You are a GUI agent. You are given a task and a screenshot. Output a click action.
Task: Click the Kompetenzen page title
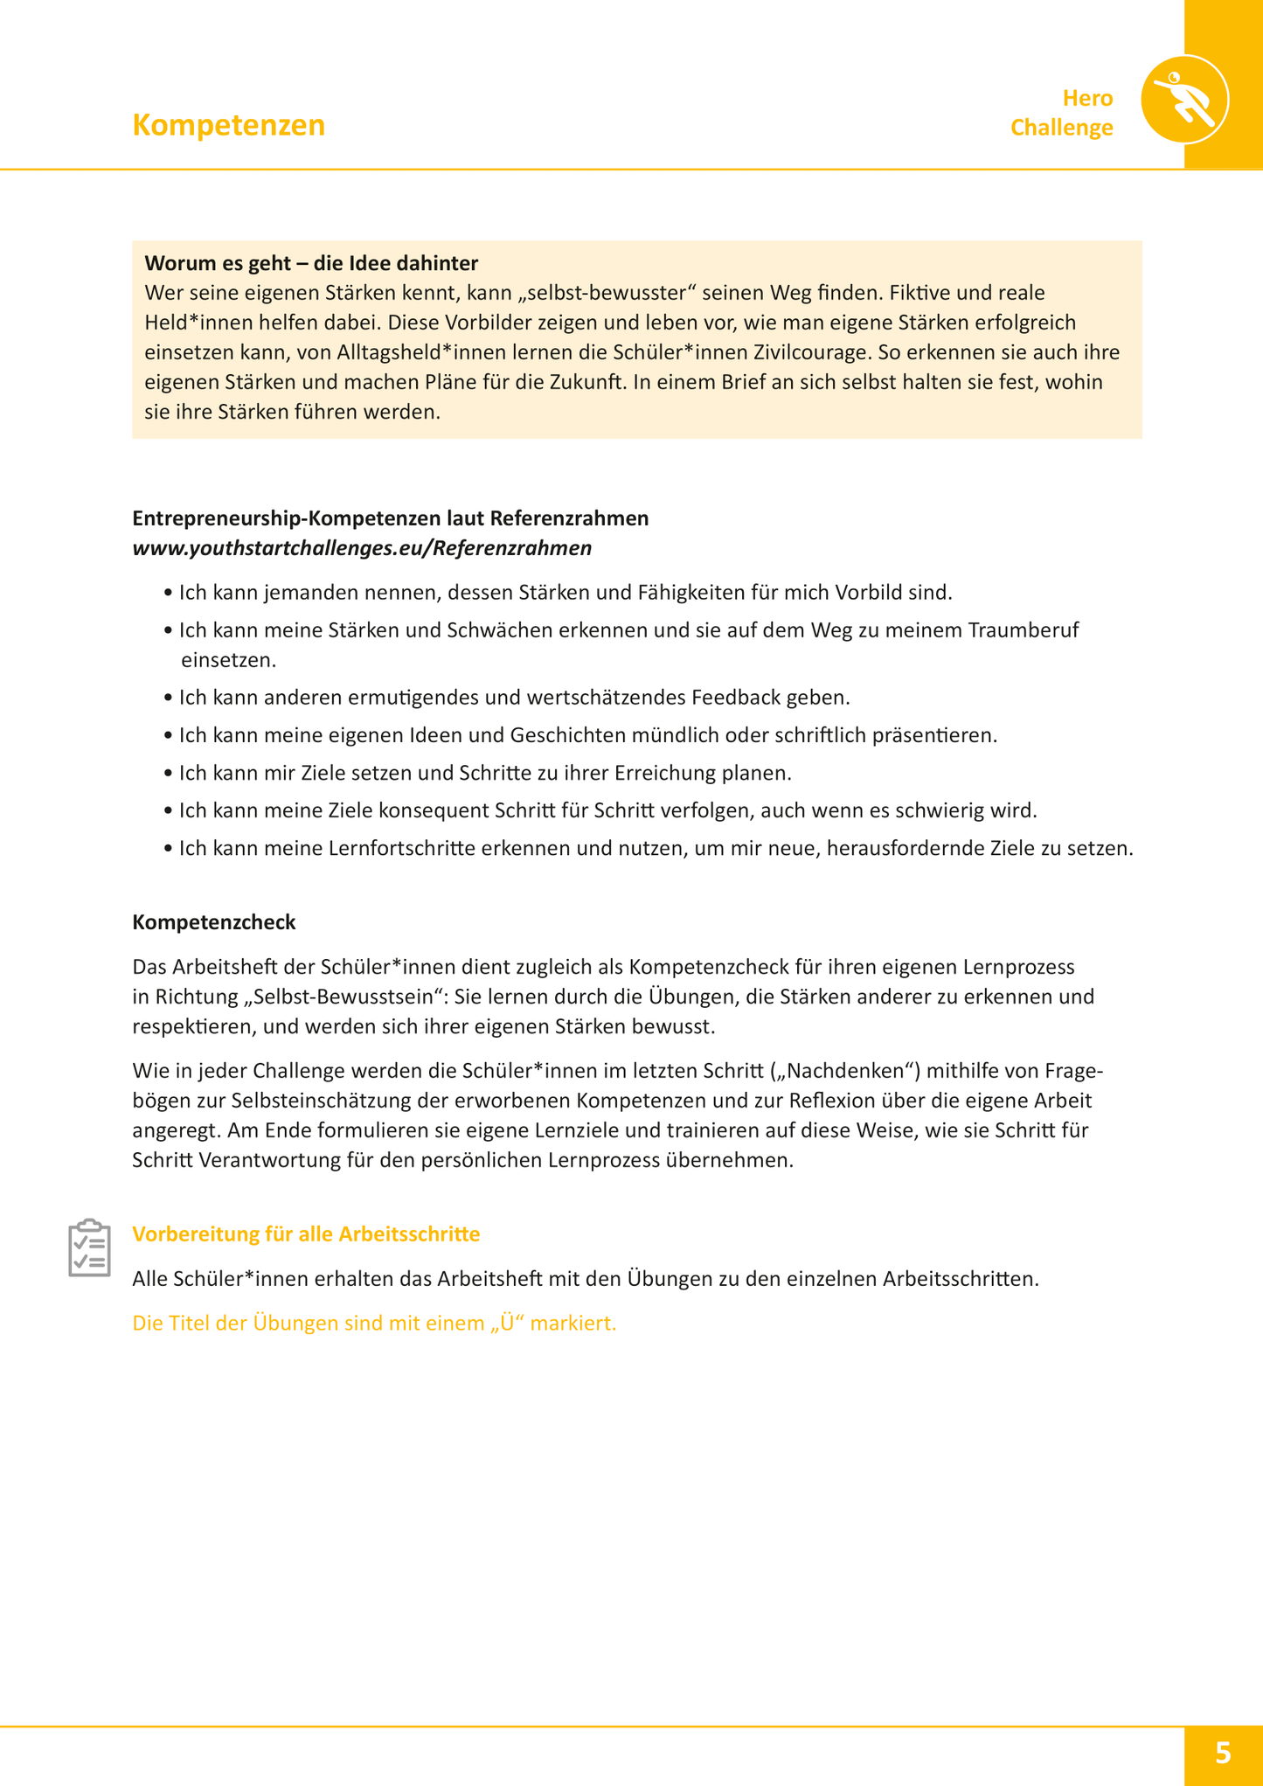point(228,125)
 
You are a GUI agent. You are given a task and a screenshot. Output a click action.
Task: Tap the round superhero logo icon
point(1184,100)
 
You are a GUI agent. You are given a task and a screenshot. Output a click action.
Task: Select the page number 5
point(1222,1753)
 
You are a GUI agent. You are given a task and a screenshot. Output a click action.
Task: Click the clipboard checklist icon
point(89,1247)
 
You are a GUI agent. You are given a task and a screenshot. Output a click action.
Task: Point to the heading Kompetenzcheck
point(214,922)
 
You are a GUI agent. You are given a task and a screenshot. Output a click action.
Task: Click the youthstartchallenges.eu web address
point(362,548)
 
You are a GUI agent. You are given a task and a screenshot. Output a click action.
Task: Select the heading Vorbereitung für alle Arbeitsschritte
point(306,1234)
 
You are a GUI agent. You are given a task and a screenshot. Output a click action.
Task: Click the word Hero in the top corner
point(1087,98)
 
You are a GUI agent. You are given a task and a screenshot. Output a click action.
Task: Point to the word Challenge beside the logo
point(1061,128)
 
